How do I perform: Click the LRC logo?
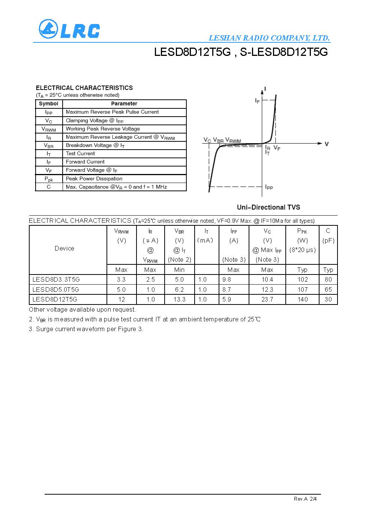[x=69, y=29]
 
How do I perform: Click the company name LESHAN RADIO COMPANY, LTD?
[x=269, y=38]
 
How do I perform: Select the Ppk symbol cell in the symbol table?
[x=49, y=179]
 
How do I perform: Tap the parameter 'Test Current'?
[x=80, y=153]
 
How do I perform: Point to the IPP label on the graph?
[x=269, y=187]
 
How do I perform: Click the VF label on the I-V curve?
[x=277, y=148]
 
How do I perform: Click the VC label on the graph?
[x=207, y=140]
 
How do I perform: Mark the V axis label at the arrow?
[x=327, y=144]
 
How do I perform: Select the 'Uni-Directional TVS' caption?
[x=268, y=207]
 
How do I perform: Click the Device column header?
[x=64, y=248]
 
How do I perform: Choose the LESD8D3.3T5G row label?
[x=56, y=279]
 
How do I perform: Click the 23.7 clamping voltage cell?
[x=267, y=299]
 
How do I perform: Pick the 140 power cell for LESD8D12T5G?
[x=302, y=299]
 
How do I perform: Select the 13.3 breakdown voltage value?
[x=179, y=299]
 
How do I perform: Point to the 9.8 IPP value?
[x=226, y=279]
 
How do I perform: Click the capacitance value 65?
[x=328, y=289]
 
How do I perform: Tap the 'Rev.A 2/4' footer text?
[x=305, y=499]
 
